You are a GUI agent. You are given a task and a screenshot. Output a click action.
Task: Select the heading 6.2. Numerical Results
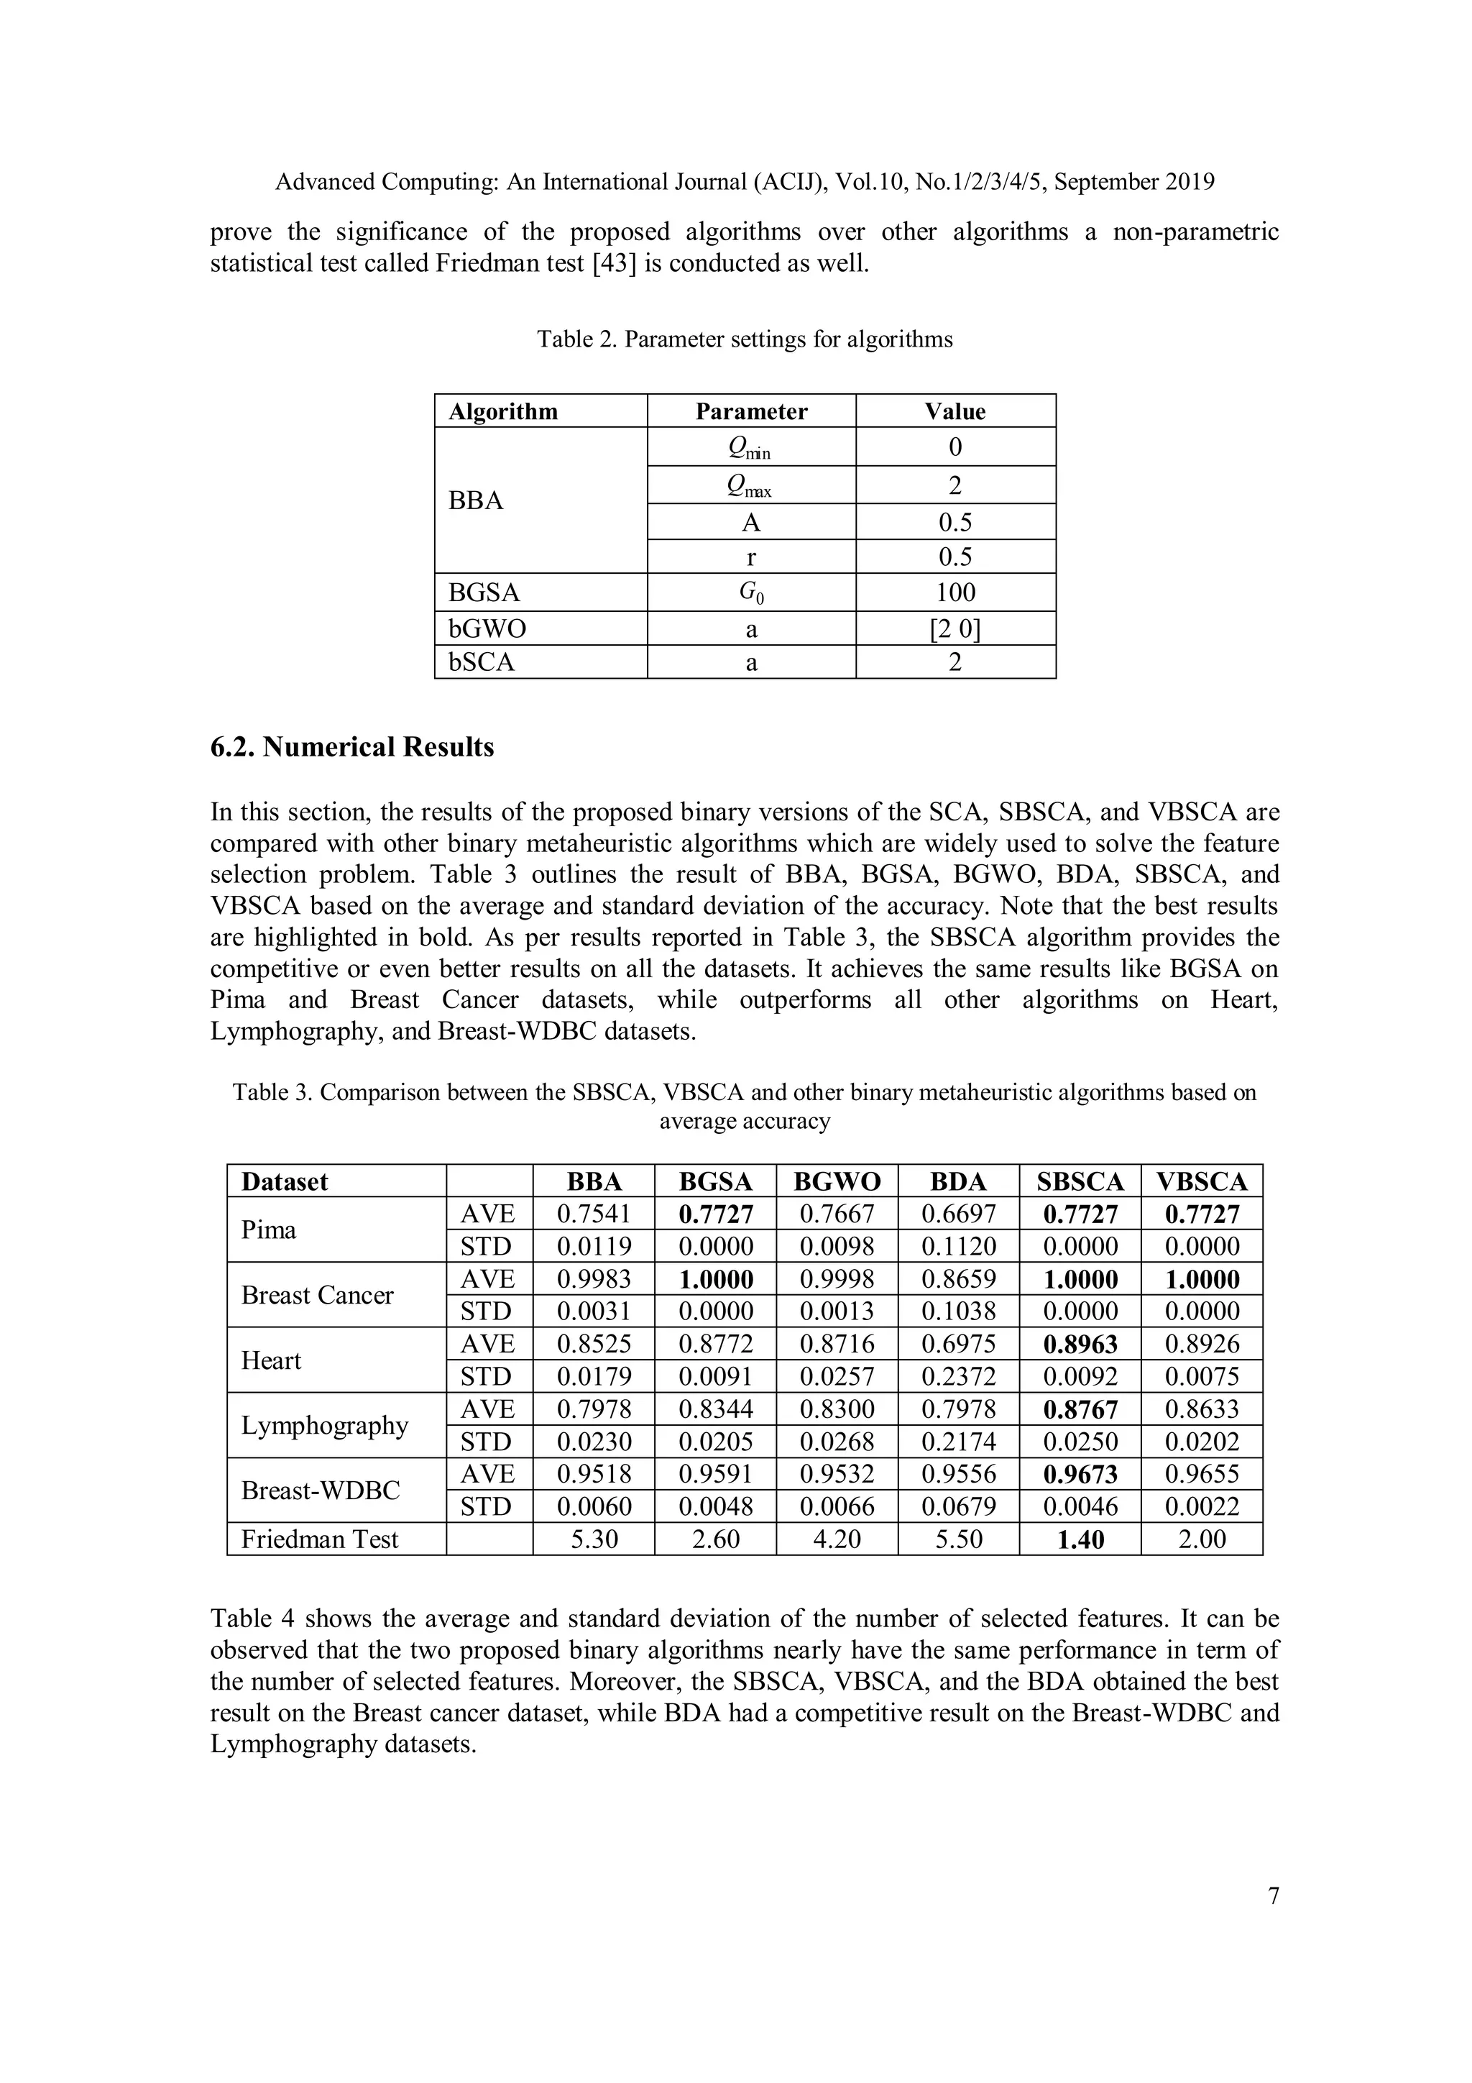pyautogui.click(x=352, y=746)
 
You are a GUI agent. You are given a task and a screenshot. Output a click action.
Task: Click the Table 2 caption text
pyautogui.click(x=744, y=339)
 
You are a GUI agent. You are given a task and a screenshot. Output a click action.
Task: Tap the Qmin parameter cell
pyautogui.click(x=750, y=447)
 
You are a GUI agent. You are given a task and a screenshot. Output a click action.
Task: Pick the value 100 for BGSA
pyautogui.click(x=955, y=592)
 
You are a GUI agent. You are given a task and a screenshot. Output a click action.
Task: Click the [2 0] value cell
pyautogui.click(x=955, y=628)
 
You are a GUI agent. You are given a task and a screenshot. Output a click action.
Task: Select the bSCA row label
pyautogui.click(x=482, y=662)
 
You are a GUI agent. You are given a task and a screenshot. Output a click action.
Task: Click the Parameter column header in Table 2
pyautogui.click(x=750, y=411)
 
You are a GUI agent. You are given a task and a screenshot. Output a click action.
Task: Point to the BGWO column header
pyautogui.click(x=836, y=1181)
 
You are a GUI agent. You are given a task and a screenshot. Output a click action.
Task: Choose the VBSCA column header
pyautogui.click(x=1202, y=1181)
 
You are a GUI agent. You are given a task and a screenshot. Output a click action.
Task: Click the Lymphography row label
pyautogui.click(x=325, y=1425)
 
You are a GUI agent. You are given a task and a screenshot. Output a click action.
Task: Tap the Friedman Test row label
pyautogui.click(x=319, y=1539)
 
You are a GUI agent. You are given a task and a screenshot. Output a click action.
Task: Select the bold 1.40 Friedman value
pyautogui.click(x=1080, y=1539)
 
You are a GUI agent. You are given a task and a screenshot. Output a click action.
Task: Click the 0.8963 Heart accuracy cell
pyautogui.click(x=1080, y=1345)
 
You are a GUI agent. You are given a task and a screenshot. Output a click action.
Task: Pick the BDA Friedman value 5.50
pyautogui.click(x=958, y=1539)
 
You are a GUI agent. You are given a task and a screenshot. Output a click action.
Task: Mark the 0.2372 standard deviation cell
pyautogui.click(x=958, y=1376)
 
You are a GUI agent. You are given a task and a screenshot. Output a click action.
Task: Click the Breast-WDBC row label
pyautogui.click(x=320, y=1491)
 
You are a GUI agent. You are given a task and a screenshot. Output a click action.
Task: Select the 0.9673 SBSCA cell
pyautogui.click(x=1080, y=1474)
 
